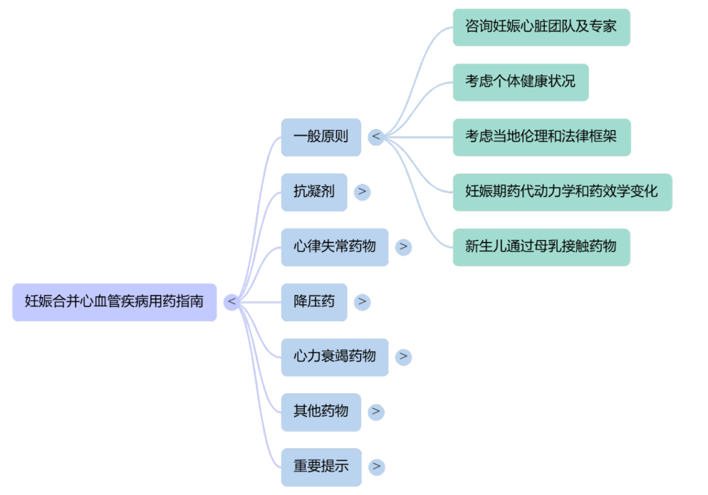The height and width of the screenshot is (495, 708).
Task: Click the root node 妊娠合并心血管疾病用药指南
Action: (x=114, y=302)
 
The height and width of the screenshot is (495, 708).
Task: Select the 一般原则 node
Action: (x=321, y=138)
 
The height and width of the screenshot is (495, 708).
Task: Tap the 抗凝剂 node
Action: (x=314, y=192)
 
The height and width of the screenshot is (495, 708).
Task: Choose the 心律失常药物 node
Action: (x=334, y=247)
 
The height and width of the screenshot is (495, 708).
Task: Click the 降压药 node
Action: (x=314, y=302)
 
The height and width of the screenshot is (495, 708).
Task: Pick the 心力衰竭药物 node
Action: (x=334, y=357)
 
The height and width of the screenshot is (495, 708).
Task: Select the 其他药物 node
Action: (x=321, y=412)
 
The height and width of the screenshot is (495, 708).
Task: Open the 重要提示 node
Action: (x=321, y=467)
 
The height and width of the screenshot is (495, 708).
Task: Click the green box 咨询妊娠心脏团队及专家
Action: (x=541, y=28)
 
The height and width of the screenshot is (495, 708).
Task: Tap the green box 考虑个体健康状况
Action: (x=521, y=82)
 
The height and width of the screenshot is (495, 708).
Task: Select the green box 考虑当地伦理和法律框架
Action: (x=541, y=137)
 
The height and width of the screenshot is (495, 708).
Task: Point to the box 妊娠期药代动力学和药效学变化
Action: (x=562, y=192)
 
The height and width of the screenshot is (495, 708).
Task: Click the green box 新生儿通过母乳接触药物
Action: (x=541, y=247)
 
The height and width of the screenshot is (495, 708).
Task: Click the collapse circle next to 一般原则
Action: (x=376, y=138)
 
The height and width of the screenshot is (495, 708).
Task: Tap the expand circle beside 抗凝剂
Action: (x=363, y=192)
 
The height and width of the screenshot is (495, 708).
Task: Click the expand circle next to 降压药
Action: (x=363, y=302)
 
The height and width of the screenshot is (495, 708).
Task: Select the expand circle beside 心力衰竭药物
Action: (x=404, y=357)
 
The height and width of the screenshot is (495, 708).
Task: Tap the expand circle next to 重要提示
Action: (x=376, y=467)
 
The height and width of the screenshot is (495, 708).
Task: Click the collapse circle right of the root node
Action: (x=231, y=302)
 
